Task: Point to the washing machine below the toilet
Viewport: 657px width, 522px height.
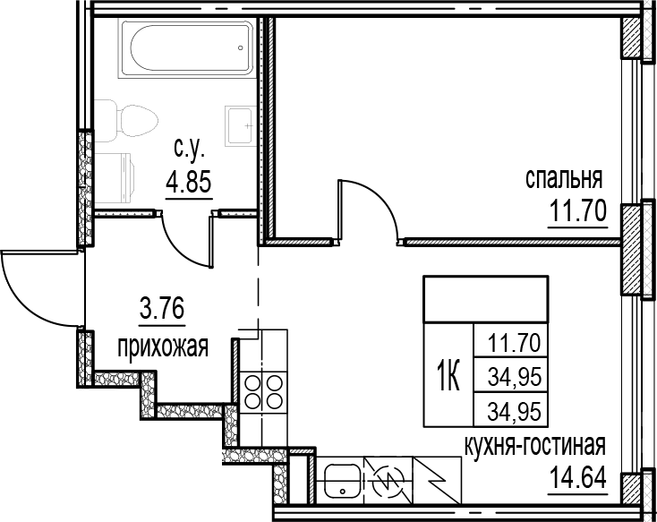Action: [x=115, y=171]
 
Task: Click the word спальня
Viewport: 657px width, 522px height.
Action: [x=563, y=178]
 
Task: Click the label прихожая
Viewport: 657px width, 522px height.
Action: [x=162, y=346]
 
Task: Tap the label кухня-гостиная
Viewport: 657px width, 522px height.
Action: [x=535, y=445]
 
